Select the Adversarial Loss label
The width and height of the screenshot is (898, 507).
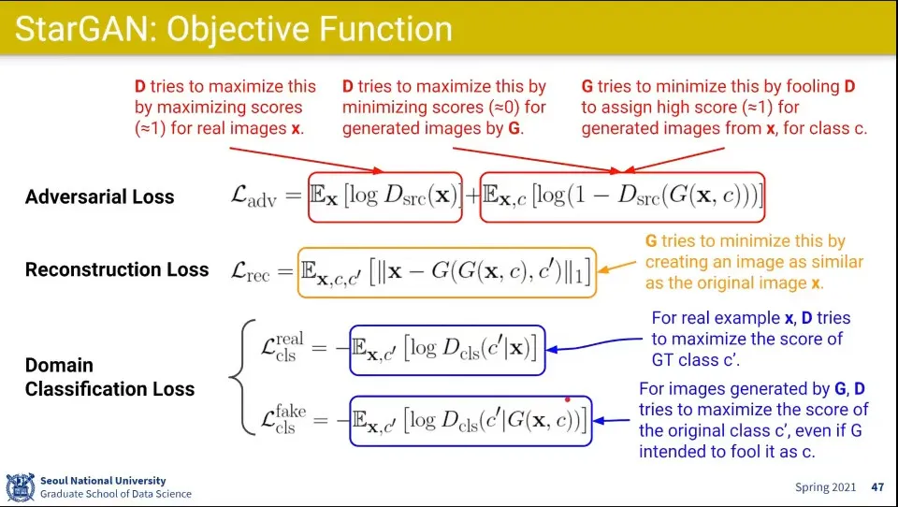[99, 197]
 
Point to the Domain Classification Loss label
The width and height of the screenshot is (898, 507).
[109, 377]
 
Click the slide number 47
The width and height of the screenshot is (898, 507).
[876, 487]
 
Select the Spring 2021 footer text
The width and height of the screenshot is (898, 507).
[826, 487]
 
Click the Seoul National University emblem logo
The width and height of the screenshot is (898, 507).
[20, 487]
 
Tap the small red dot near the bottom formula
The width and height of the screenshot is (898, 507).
[567, 399]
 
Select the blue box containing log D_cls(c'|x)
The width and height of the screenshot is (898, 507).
[447, 349]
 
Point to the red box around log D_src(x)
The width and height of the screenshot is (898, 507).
[385, 196]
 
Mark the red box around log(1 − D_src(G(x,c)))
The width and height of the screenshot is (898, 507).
[622, 196]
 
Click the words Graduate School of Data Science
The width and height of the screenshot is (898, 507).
[115, 494]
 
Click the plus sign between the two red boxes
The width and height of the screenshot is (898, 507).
[471, 196]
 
